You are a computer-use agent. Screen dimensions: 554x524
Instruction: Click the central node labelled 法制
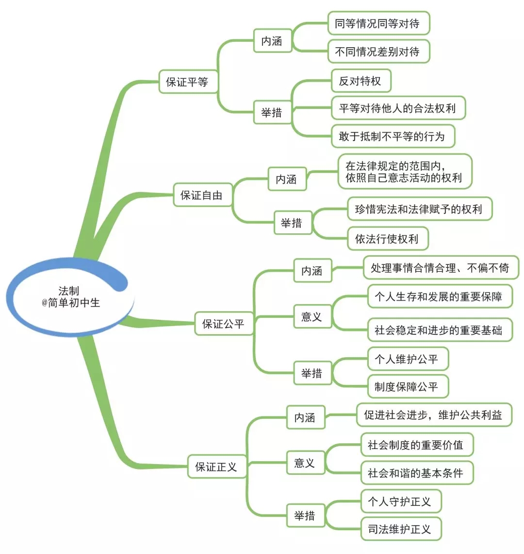pos(69,291)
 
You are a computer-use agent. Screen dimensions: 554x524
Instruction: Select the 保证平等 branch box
pos(187,82)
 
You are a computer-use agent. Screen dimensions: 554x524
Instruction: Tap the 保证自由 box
pos(202,195)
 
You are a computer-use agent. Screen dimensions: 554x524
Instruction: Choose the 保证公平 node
pos(224,323)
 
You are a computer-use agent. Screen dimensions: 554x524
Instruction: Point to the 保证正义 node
pos(216,467)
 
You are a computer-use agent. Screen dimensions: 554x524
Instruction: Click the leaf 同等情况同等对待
pos(378,23)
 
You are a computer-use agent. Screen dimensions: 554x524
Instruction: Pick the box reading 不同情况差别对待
pos(378,52)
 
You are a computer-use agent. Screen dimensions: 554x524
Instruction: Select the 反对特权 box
pos(360,81)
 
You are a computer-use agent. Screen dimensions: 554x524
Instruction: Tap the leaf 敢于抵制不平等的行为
pos(393,136)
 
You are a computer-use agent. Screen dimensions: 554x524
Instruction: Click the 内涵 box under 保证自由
pos(287,179)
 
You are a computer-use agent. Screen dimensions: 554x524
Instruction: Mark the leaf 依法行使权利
pos(387,239)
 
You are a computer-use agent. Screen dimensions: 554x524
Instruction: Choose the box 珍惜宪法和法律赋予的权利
pos(419,209)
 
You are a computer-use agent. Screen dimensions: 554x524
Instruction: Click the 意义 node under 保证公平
pos(312,317)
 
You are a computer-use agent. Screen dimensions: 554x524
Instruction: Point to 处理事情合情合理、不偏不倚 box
pos(441,268)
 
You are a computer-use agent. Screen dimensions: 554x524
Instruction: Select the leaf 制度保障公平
pos(407,387)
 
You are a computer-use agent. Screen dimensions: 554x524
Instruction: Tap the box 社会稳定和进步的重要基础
pos(439,330)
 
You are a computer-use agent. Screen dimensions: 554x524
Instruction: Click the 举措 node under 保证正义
pos(305,516)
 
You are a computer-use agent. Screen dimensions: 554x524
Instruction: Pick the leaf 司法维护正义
pos(400,529)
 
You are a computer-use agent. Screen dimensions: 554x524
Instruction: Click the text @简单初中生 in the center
pos(71,303)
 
